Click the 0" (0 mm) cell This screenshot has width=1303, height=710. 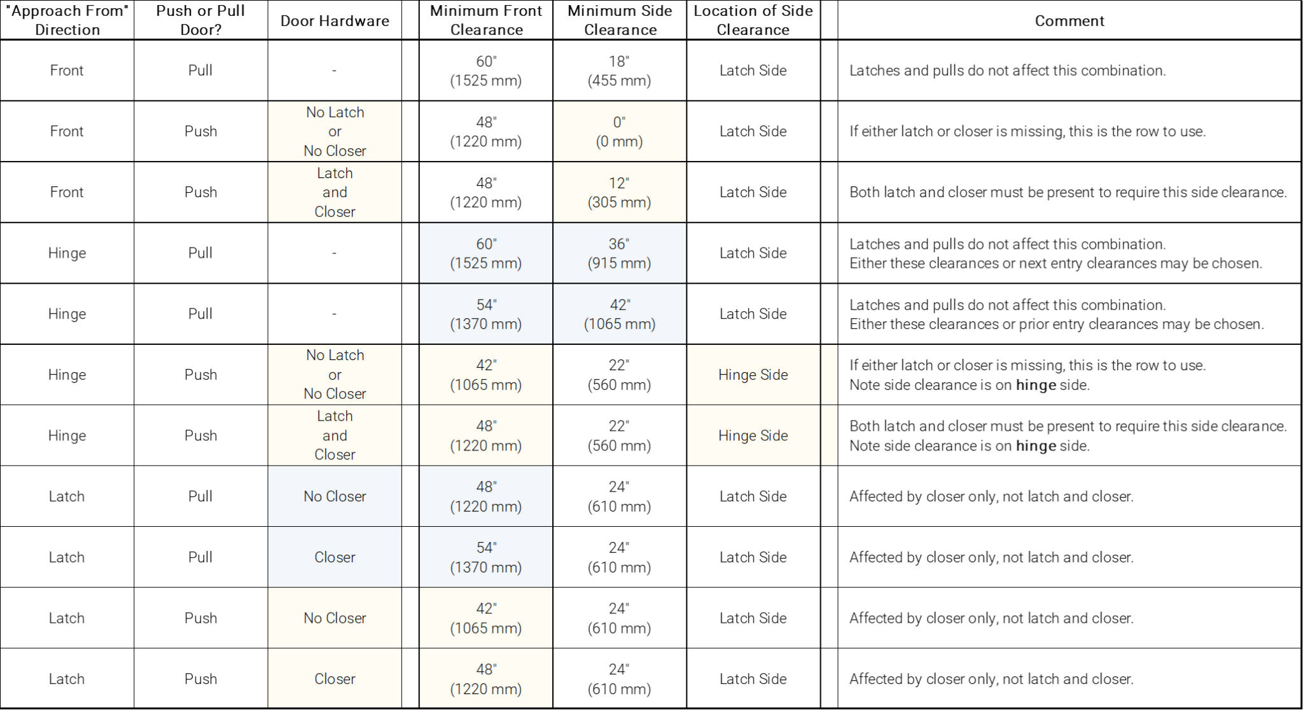click(x=619, y=131)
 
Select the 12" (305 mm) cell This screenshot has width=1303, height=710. click(x=619, y=192)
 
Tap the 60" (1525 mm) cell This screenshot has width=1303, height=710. click(x=485, y=253)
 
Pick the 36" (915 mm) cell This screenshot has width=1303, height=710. click(x=619, y=253)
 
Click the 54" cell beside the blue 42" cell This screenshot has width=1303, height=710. click(x=485, y=314)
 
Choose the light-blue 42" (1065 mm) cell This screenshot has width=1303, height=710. click(x=619, y=314)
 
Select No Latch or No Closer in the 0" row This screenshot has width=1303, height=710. click(x=335, y=131)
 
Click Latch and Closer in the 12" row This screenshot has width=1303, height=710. click(x=335, y=192)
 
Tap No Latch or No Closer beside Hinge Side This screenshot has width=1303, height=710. click(x=335, y=374)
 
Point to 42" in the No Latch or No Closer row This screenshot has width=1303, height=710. click(x=485, y=375)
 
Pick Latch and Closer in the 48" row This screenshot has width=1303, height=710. click(x=335, y=435)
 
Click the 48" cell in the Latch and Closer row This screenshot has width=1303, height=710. click(x=485, y=435)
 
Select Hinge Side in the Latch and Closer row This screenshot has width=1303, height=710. click(x=753, y=435)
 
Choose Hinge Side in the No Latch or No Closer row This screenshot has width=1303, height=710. click(x=753, y=375)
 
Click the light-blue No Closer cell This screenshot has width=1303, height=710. click(x=335, y=496)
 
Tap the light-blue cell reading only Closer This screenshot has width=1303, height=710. click(x=335, y=557)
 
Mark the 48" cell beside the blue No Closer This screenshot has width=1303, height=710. click(x=485, y=496)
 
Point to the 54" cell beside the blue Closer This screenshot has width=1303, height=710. click(x=485, y=557)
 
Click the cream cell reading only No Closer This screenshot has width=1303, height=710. click(x=335, y=618)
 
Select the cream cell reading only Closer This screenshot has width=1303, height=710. click(x=335, y=679)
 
